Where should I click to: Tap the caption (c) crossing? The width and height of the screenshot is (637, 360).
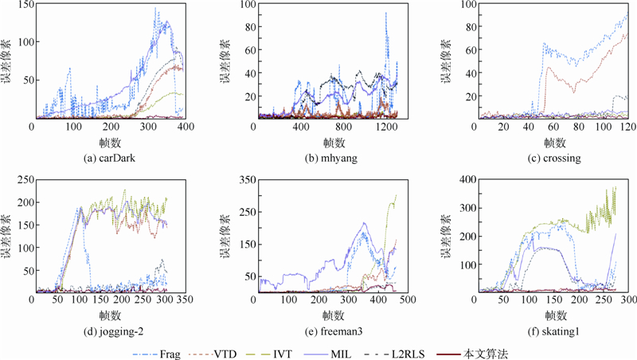pos(549,158)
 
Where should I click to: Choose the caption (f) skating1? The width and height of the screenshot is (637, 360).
pos(549,323)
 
